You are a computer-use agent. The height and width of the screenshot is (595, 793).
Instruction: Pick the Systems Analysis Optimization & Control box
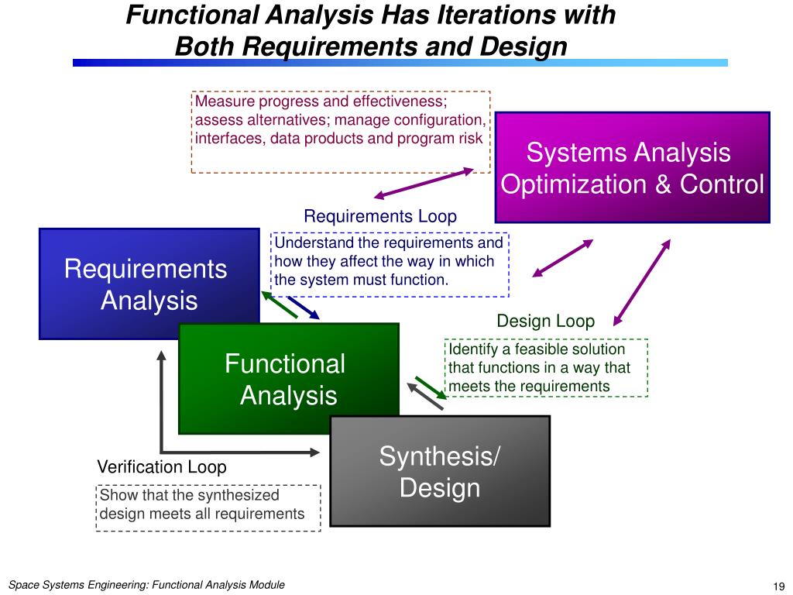[x=632, y=167]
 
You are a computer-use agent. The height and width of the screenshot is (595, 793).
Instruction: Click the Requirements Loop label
[x=380, y=216]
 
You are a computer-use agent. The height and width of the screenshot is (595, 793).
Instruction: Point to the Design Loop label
[x=545, y=321]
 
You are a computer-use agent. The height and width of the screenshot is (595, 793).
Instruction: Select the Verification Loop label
[x=162, y=467]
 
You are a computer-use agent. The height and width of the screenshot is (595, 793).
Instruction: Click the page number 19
[x=779, y=586]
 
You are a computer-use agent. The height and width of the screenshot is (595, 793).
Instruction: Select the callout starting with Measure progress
[x=341, y=132]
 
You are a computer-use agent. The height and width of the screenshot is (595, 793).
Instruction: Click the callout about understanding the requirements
[x=390, y=264]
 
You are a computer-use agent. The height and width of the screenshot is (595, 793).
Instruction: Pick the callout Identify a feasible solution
[x=547, y=368]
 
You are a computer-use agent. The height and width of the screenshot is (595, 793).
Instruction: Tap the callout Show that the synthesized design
[x=208, y=507]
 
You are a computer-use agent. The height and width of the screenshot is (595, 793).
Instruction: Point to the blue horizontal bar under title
[x=400, y=63]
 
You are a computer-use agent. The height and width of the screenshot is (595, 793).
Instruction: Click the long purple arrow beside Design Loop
[x=642, y=282]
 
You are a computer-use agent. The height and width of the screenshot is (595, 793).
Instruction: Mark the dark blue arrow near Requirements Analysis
[x=304, y=308]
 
